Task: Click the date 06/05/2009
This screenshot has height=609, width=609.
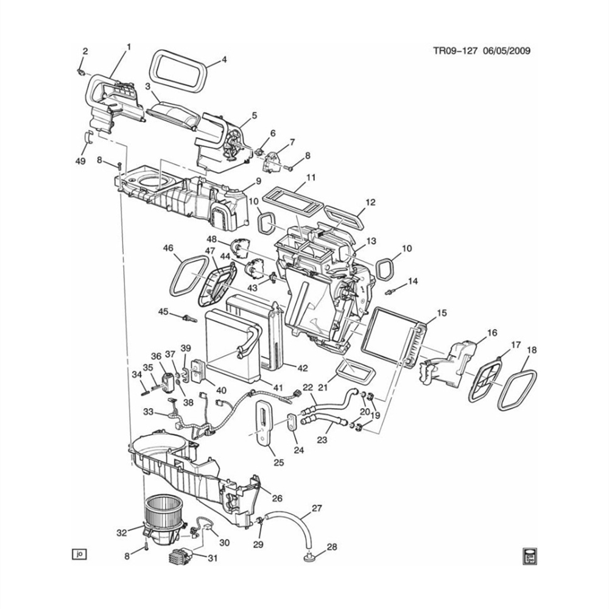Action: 506,51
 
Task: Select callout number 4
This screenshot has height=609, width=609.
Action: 224,60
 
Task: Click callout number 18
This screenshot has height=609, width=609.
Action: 532,350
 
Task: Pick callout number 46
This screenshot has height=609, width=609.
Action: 169,248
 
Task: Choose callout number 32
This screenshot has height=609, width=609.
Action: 122,532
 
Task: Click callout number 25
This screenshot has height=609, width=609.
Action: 278,462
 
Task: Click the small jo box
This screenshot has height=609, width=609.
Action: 79,554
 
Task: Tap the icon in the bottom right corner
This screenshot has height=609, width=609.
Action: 530,555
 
